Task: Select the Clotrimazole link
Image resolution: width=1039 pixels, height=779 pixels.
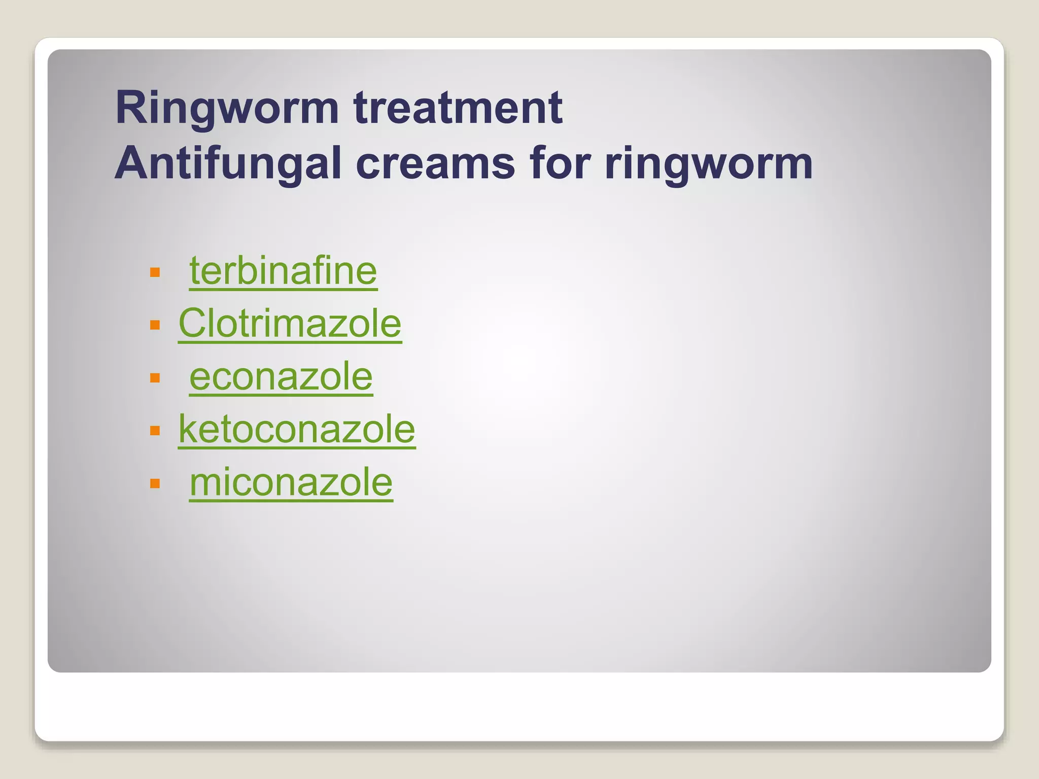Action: pos(290,324)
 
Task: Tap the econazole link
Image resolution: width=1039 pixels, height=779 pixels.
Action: pos(281,377)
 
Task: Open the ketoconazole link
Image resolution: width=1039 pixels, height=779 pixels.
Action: pos(297,430)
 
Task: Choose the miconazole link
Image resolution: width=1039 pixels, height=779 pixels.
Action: pos(291,482)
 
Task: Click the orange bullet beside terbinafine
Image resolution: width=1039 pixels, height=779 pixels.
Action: pos(155,273)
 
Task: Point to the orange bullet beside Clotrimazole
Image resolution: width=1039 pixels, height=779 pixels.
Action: pos(155,325)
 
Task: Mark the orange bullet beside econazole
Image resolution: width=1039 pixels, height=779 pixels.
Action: pos(155,378)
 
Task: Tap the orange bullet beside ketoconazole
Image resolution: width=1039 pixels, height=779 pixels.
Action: pos(155,431)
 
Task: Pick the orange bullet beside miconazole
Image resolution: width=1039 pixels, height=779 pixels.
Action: pos(155,483)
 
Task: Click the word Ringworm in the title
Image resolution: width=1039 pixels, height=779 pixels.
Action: pos(227,108)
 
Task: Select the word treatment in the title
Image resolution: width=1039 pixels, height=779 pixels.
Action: pos(458,108)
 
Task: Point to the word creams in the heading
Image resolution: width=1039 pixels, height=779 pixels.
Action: pos(435,163)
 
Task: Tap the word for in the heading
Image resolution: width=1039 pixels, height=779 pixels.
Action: pos(560,163)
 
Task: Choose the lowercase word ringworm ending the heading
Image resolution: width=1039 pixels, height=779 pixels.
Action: pos(709,163)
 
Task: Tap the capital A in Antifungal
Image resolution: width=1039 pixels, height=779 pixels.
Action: pos(130,163)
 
